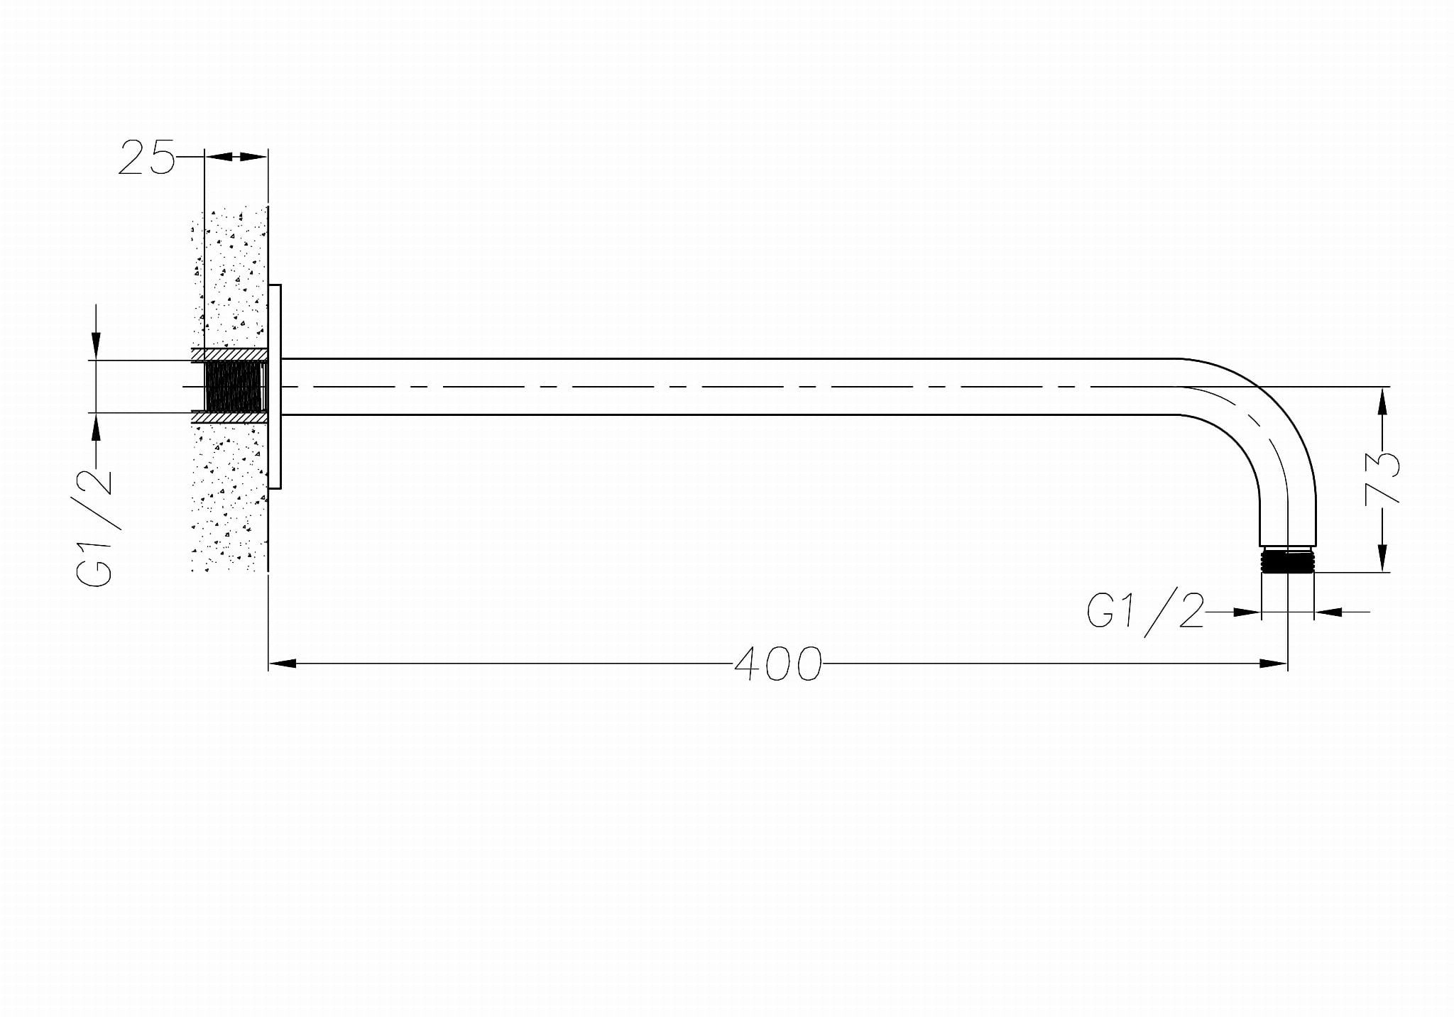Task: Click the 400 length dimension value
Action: pyautogui.click(x=777, y=664)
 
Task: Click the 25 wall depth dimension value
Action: pyautogui.click(x=146, y=157)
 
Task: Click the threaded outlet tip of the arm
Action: pyautogui.click(x=1288, y=559)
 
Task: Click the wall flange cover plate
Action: pyautogui.click(x=275, y=387)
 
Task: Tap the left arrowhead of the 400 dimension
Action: pyautogui.click(x=283, y=664)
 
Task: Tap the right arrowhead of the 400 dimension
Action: pyautogui.click(x=1274, y=664)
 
